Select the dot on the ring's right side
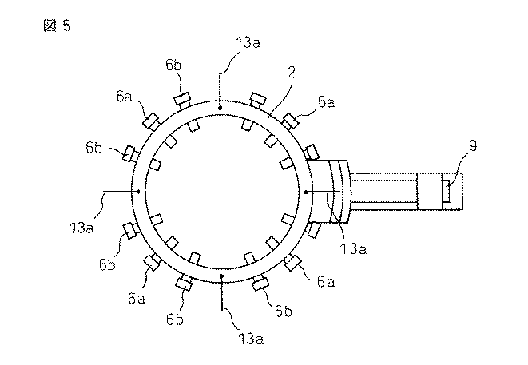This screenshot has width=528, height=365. point(307,192)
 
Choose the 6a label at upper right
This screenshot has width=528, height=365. point(326,102)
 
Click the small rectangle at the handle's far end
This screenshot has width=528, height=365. point(449,192)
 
